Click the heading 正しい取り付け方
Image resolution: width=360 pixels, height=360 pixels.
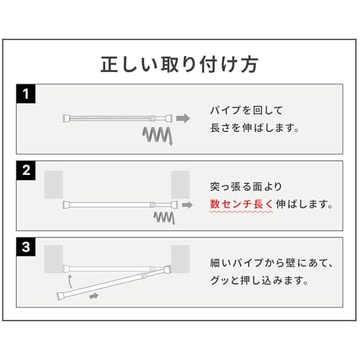pos(179,64)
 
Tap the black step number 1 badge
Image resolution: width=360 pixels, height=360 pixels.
pos(26,94)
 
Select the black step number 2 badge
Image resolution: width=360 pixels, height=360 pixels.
pos(26,171)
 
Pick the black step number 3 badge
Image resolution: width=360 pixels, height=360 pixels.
pos(26,247)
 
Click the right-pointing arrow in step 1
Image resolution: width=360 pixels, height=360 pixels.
pos(183,118)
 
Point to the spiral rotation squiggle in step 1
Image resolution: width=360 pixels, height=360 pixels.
pos(158,135)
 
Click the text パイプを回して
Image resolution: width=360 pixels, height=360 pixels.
pos(246,110)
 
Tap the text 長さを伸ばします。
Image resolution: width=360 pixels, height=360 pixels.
pos(255,127)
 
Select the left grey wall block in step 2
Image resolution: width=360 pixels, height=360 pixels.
pos(53,184)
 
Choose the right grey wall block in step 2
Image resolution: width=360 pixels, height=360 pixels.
pos(180,184)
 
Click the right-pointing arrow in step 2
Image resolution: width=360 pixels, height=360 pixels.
pos(187,205)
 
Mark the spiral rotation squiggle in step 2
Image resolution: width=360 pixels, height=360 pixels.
pos(164,217)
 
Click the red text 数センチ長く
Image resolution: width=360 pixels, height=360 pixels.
pos(242,204)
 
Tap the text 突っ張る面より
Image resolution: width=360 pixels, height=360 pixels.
pos(246,186)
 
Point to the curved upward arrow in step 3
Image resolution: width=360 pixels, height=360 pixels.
pos(70,281)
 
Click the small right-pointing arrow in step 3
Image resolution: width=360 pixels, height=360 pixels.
pos(94,296)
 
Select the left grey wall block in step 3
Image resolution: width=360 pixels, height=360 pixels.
pos(53,259)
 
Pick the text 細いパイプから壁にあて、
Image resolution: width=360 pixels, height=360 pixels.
pos(272,263)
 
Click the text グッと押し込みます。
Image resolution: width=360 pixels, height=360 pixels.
pos(259,280)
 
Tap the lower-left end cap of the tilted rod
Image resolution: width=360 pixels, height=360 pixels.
pos(60,296)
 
